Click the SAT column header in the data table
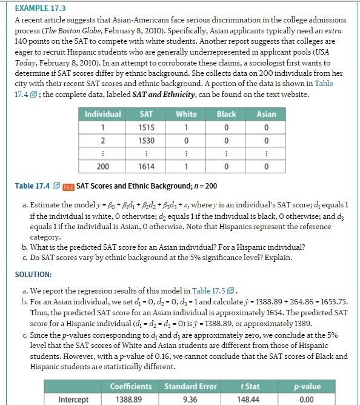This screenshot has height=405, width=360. point(145,114)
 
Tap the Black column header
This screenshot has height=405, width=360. point(226,114)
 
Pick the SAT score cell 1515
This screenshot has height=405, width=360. point(145,127)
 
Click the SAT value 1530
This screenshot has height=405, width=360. point(145,140)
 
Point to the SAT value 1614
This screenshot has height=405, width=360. point(145,167)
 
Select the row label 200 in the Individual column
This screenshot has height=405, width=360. point(103,167)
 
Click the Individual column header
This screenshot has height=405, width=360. point(103,114)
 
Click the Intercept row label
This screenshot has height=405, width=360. point(73,399)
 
